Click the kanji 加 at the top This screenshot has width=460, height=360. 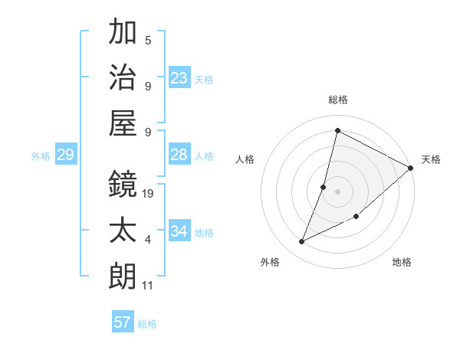(x=123, y=33)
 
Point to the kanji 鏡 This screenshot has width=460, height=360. (x=123, y=184)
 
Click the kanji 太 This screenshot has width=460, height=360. (x=123, y=230)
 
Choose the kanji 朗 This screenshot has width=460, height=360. (x=123, y=276)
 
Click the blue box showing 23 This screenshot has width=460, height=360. (x=179, y=78)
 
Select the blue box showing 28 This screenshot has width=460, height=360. (x=179, y=155)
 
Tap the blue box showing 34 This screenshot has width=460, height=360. (x=179, y=231)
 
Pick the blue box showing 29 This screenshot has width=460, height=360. (x=65, y=155)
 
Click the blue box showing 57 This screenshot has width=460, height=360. (x=123, y=322)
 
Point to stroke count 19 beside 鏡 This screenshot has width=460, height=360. (x=149, y=194)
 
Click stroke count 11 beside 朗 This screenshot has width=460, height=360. (x=148, y=286)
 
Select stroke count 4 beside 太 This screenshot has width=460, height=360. (x=148, y=240)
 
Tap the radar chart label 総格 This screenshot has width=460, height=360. (x=337, y=100)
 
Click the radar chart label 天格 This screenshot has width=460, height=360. (x=431, y=159)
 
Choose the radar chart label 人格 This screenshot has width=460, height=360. (x=245, y=159)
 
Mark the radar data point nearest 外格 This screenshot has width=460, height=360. (x=301, y=242)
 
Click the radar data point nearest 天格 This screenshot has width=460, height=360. (x=411, y=168)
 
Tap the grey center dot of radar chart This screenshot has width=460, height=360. (x=337, y=191)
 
